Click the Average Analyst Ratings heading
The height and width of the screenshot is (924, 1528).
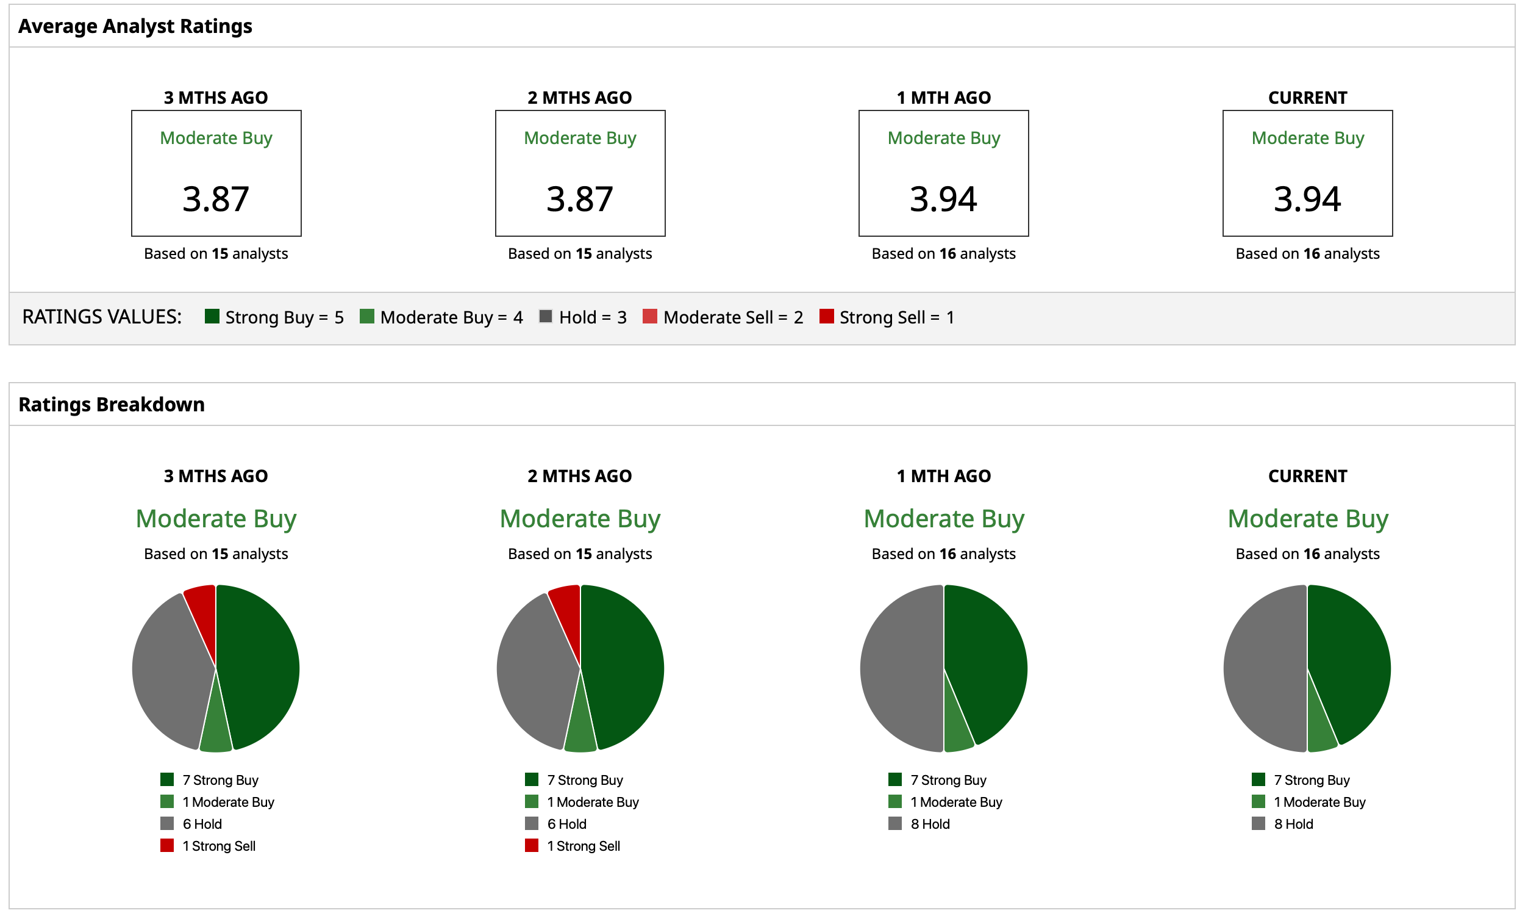[x=135, y=26]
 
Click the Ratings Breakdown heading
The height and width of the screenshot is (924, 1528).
[x=112, y=405]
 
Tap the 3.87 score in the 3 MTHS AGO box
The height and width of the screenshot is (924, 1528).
[x=216, y=199]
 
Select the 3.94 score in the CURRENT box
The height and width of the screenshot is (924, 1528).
[x=1307, y=199]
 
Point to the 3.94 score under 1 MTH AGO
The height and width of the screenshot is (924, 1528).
[x=943, y=199]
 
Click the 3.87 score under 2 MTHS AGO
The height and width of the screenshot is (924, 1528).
[x=580, y=199]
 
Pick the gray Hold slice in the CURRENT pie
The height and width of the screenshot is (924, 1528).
[x=1265, y=669]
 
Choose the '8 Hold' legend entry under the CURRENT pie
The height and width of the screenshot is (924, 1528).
[x=1293, y=824]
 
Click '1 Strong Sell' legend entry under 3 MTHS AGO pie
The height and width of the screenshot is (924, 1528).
[x=218, y=846]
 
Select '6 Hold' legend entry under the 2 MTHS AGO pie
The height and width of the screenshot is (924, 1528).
[x=566, y=824]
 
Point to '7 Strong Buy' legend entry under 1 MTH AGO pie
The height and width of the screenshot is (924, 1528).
[x=948, y=780]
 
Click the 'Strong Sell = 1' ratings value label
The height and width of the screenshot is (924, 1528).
[x=896, y=318]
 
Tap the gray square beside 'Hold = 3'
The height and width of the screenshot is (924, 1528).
[x=546, y=317]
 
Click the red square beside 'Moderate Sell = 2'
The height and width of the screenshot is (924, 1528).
[x=649, y=317]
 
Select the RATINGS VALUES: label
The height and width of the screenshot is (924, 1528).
[x=102, y=317]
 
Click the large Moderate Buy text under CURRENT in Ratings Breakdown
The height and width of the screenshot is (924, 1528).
[x=1307, y=519]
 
